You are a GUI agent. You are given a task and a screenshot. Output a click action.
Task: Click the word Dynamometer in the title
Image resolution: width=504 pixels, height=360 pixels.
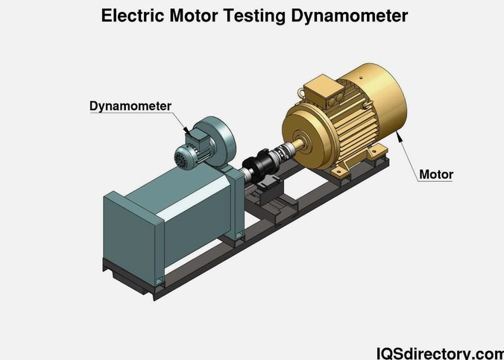pyautogui.click(x=350, y=16)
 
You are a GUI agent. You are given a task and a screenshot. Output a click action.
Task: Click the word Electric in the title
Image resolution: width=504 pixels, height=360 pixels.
pyautogui.click(x=133, y=16)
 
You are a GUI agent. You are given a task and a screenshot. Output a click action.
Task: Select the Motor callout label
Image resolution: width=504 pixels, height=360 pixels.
pyautogui.click(x=436, y=174)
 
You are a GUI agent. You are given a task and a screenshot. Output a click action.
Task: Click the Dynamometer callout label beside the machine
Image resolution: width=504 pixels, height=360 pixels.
pyautogui.click(x=130, y=106)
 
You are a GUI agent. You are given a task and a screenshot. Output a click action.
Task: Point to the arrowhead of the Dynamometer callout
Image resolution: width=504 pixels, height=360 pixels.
pyautogui.click(x=187, y=130)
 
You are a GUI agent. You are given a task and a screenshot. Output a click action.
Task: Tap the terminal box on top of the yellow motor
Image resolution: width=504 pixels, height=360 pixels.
pyautogui.click(x=324, y=91)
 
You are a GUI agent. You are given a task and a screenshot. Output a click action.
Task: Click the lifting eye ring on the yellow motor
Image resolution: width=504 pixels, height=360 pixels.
pyautogui.click(x=301, y=92)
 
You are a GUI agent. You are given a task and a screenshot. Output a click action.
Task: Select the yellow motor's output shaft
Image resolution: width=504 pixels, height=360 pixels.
pyautogui.click(x=297, y=144)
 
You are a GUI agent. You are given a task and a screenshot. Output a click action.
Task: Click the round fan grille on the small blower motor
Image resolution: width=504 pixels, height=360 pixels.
pyautogui.click(x=181, y=158)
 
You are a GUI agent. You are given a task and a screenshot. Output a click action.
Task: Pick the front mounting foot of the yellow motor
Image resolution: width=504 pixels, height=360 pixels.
pyautogui.click(x=339, y=171)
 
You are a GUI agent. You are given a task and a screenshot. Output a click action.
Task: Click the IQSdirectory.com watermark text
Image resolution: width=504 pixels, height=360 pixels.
pyautogui.click(x=440, y=353)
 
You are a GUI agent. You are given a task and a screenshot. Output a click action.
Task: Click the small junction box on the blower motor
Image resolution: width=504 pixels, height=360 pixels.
pyautogui.click(x=196, y=140)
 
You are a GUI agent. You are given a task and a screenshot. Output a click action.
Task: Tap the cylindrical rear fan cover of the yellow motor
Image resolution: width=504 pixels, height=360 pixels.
pyautogui.click(x=382, y=96)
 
